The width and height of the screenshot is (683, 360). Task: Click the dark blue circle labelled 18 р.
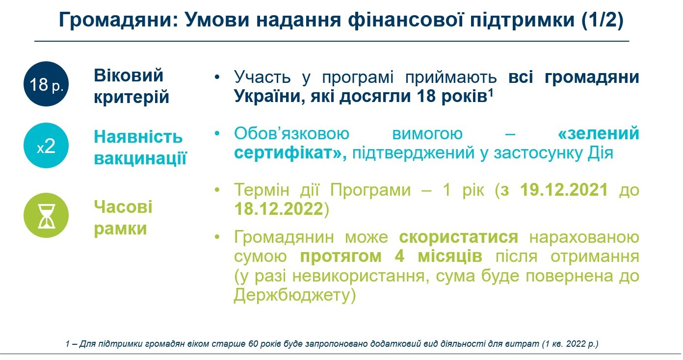tap(46, 84)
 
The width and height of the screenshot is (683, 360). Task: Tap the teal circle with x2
tap(46, 145)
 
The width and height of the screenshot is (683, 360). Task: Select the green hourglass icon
tap(46, 215)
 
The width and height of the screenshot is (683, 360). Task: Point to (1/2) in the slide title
tap(602, 20)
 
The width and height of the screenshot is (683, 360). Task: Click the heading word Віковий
tap(129, 76)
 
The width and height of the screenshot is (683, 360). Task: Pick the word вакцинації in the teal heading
tap(140, 158)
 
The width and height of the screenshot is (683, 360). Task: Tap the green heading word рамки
tap(120, 229)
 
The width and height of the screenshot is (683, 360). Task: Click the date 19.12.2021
tap(564, 190)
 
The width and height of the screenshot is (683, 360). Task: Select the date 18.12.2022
tap(279, 209)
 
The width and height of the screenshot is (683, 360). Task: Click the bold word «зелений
tap(598, 133)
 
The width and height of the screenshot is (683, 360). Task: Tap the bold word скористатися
tap(458, 237)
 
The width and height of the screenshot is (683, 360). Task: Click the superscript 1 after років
tap(491, 92)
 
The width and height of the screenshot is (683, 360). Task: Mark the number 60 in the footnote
tap(253, 343)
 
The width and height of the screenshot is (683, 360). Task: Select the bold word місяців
tap(450, 256)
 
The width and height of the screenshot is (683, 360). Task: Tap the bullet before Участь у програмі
tap(217, 77)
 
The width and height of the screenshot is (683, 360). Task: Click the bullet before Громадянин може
tap(217, 237)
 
